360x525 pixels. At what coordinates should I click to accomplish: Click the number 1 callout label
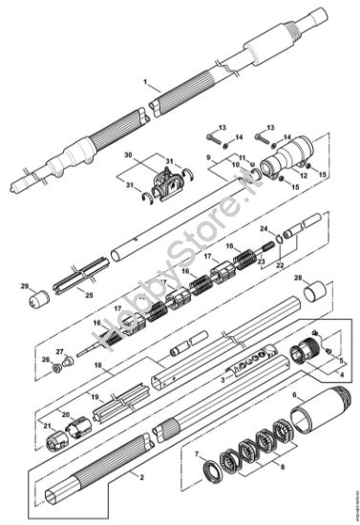click(145, 84)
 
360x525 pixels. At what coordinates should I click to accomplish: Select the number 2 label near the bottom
click(140, 474)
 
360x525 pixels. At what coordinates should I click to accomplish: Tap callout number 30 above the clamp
click(127, 154)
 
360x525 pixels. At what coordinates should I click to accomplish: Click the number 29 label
click(26, 284)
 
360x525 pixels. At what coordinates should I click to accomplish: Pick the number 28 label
click(297, 278)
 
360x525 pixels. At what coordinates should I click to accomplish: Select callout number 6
click(294, 392)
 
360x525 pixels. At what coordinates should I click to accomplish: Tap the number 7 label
click(197, 453)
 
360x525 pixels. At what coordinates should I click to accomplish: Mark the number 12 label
click(304, 174)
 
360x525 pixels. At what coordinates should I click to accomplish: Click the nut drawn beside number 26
click(59, 365)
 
